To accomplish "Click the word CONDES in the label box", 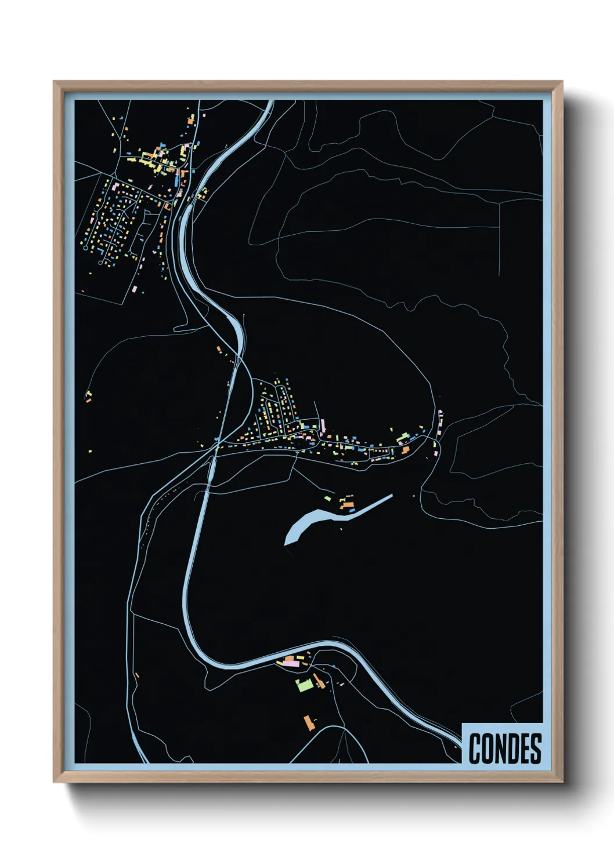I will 504,748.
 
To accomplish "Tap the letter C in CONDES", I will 475,748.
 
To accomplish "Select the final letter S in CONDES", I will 536,748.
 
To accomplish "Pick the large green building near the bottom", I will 303,685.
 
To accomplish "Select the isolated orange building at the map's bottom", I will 309,722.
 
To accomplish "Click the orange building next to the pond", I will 348,506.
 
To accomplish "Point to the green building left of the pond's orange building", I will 328,498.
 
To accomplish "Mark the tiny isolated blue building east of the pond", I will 413,496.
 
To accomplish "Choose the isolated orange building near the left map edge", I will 89,397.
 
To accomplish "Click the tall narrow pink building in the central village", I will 322,425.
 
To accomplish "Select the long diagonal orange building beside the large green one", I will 319,681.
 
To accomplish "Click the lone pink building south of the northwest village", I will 135,288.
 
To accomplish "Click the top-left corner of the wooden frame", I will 54,82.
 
